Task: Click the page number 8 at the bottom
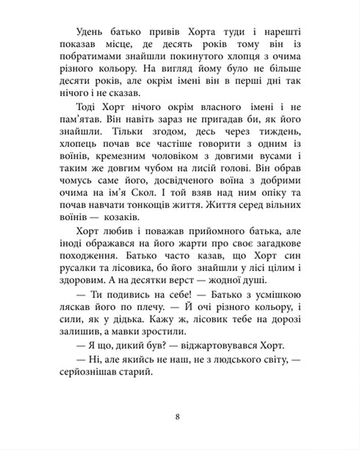tap(180, 418)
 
